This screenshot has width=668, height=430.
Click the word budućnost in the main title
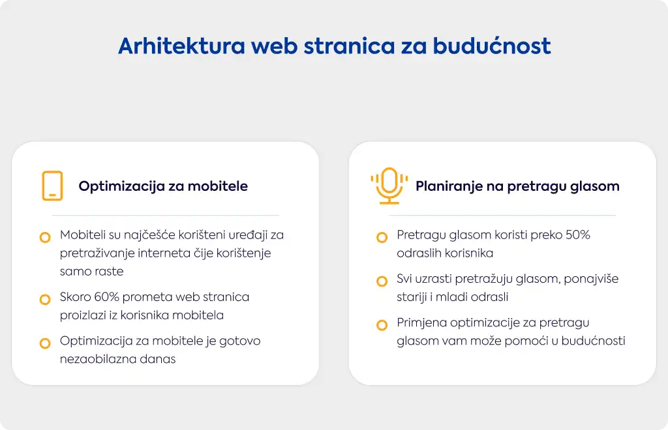(492, 46)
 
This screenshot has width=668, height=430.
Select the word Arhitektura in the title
(181, 46)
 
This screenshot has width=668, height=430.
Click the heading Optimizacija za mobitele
(163, 186)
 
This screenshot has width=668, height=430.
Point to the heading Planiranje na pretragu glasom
(517, 186)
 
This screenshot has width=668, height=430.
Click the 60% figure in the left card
(106, 296)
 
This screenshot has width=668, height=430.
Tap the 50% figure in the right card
(578, 235)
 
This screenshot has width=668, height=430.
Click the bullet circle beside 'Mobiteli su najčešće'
(45, 237)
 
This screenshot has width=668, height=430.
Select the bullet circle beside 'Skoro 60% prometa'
(45, 300)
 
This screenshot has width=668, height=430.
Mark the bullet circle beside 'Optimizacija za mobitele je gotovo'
(45, 343)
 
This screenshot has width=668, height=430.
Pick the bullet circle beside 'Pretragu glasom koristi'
(382, 237)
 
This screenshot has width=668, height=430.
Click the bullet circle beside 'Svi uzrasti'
(382, 281)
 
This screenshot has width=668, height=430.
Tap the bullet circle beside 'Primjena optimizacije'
(382, 325)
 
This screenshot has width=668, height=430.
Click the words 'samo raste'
(91, 271)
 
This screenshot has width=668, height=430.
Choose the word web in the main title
(275, 46)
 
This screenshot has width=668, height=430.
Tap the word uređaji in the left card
(248, 235)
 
